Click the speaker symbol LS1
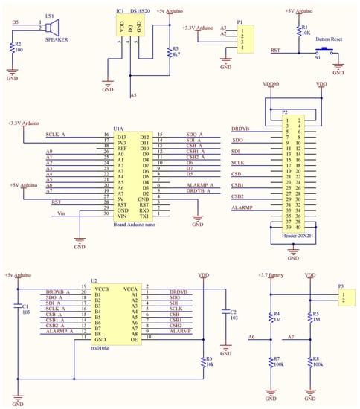(x=51, y=28)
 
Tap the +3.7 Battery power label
(x=269, y=274)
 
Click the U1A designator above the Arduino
(x=119, y=129)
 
